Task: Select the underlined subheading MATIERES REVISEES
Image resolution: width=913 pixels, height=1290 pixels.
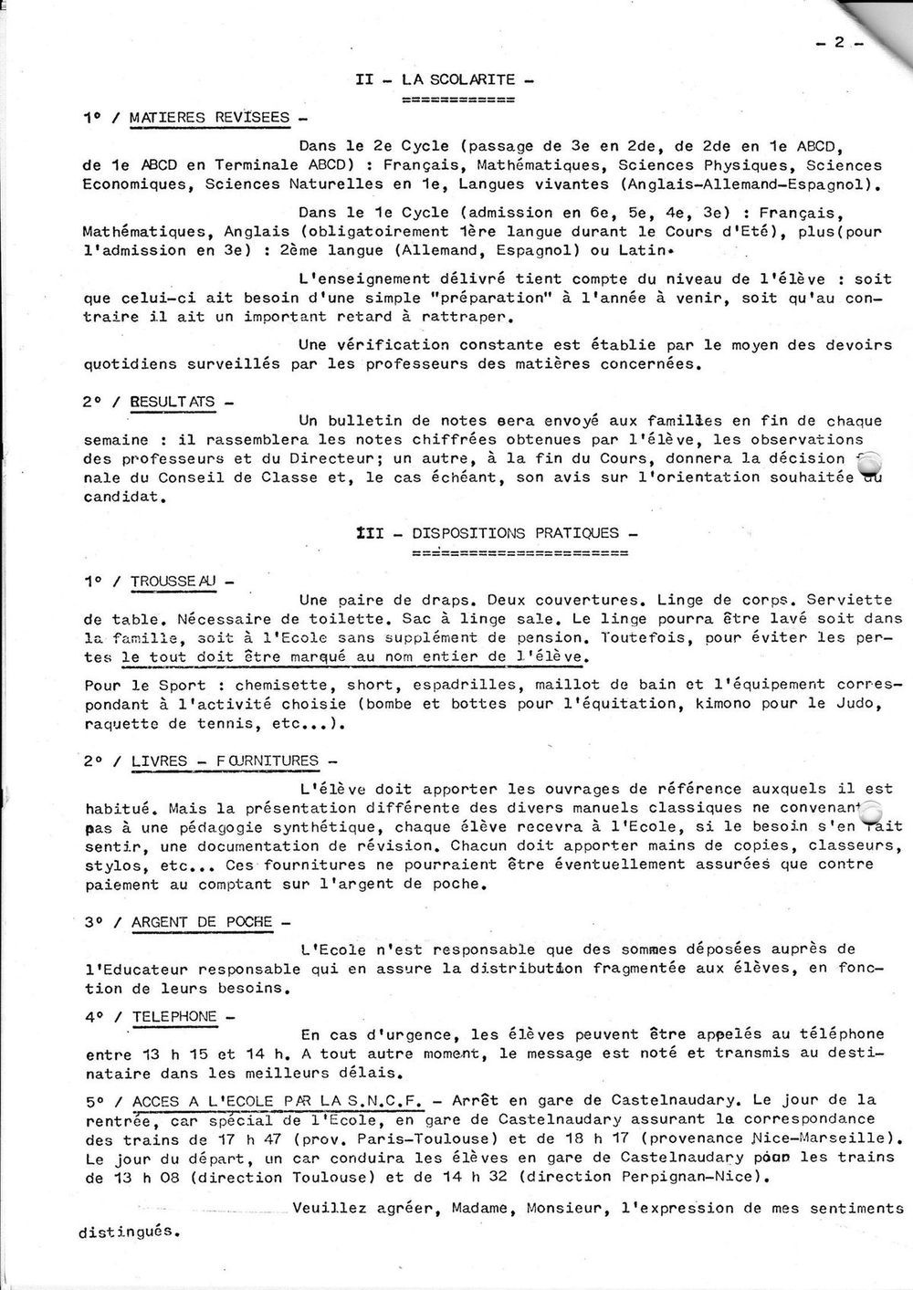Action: (x=209, y=118)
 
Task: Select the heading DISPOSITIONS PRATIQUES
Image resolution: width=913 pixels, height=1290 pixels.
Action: (x=515, y=533)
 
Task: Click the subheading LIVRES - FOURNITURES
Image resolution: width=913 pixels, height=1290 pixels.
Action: (x=225, y=760)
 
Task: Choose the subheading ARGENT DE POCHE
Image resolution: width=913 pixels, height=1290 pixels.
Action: (x=202, y=922)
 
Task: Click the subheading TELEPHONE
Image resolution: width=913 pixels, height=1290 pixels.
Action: (x=174, y=1016)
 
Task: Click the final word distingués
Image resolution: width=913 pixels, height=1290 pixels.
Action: (x=127, y=1231)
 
